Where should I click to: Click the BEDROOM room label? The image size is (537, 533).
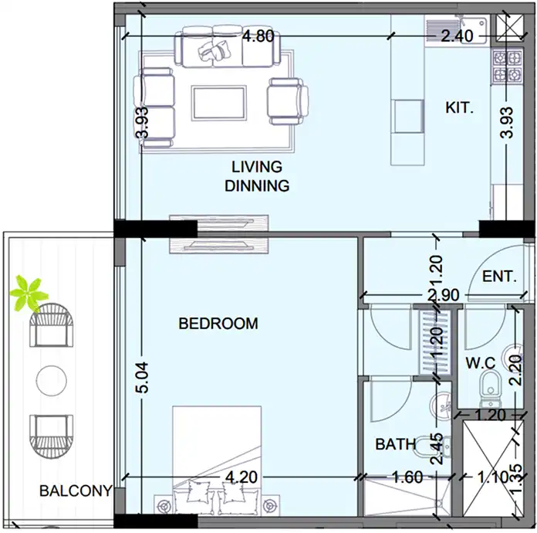pyautogui.click(x=218, y=324)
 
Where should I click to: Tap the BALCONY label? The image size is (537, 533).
pyautogui.click(x=76, y=491)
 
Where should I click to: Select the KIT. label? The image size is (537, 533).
pyautogui.click(x=459, y=107)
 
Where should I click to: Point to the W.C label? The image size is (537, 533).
pyautogui.click(x=481, y=363)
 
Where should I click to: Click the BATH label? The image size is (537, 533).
pyautogui.click(x=396, y=444)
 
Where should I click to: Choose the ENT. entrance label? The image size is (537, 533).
pyautogui.click(x=499, y=276)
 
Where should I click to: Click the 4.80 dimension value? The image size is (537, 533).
pyautogui.click(x=258, y=36)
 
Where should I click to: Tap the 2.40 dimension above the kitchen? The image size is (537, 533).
pyautogui.click(x=457, y=36)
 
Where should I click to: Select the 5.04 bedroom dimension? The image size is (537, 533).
pyautogui.click(x=142, y=377)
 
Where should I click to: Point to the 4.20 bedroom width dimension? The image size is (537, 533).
pyautogui.click(x=241, y=477)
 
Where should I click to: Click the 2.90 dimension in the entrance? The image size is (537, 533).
pyautogui.click(x=443, y=295)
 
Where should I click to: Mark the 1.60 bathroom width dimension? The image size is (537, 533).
pyautogui.click(x=407, y=477)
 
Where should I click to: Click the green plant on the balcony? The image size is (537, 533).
pyautogui.click(x=29, y=294)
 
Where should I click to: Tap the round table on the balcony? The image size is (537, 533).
pyautogui.click(x=52, y=381)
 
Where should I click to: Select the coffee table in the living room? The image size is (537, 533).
pyautogui.click(x=219, y=103)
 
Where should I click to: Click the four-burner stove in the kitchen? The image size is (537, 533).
pyautogui.click(x=507, y=67)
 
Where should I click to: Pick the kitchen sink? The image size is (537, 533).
pyautogui.click(x=456, y=31)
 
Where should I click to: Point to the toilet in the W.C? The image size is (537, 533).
pyautogui.click(x=490, y=390)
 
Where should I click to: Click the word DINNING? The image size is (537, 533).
pyautogui.click(x=257, y=185)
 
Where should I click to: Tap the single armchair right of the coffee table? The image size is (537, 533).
pyautogui.click(x=288, y=101)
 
